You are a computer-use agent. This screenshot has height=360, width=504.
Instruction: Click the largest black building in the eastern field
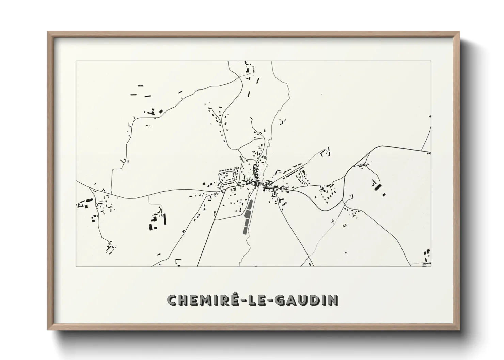tap(377, 186)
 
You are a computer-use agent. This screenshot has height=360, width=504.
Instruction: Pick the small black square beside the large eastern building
tap(384, 195)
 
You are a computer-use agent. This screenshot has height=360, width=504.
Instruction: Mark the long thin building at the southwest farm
tap(165, 219)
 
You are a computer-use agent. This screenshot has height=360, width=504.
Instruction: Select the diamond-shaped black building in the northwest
tap(161, 111)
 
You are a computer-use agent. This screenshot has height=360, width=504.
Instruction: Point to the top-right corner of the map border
tap(431, 61)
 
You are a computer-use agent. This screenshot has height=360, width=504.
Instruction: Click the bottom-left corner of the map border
tap(76, 267)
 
